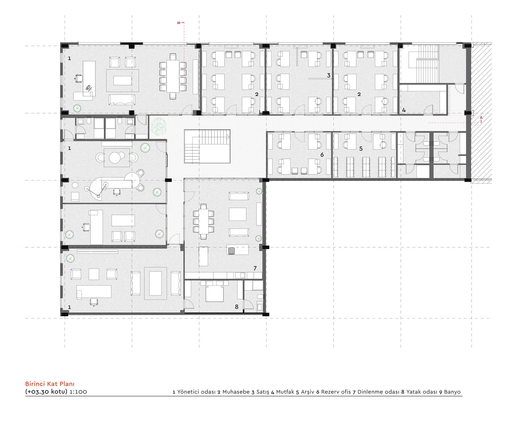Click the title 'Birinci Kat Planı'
tap(50, 384)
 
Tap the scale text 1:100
tap(78, 392)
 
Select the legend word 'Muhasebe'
tap(236, 392)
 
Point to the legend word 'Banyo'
tap(452, 392)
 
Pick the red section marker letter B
tap(179, 23)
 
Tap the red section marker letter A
tap(481, 118)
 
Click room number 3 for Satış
tap(329, 75)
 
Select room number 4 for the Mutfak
tap(404, 110)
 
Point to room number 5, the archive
tap(361, 149)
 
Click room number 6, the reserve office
tap(322, 155)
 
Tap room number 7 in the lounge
tap(255, 268)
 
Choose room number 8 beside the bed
tap(237, 307)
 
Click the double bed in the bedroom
tap(215, 291)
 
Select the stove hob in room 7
tap(231, 251)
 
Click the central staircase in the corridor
tap(207, 146)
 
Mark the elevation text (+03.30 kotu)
tap(46, 392)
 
